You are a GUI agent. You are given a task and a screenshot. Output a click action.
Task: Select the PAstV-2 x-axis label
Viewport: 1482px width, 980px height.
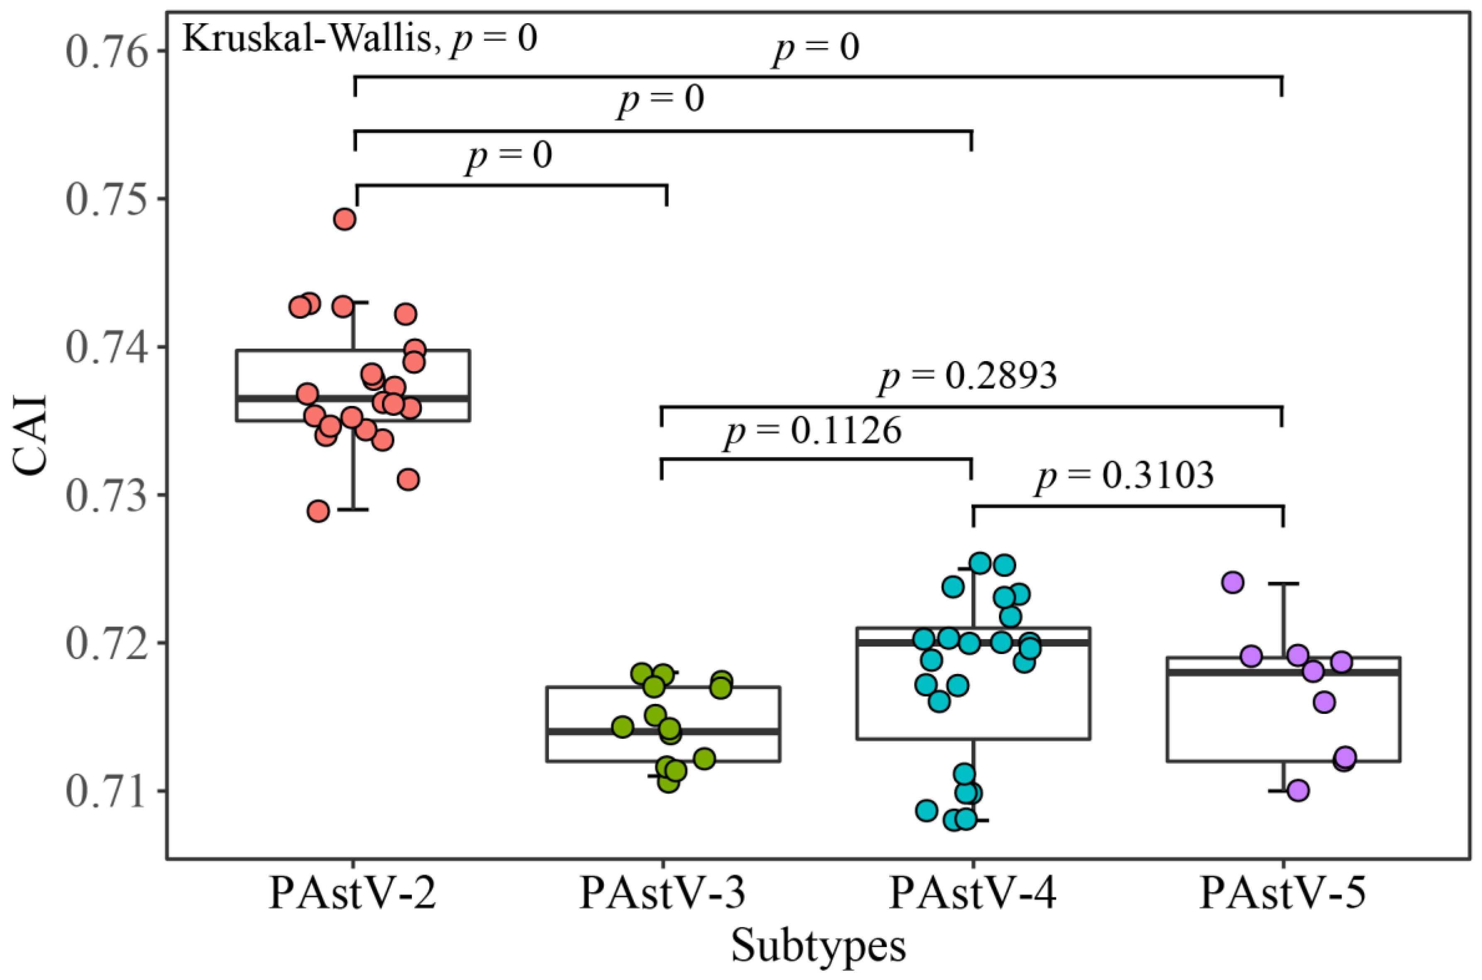(352, 894)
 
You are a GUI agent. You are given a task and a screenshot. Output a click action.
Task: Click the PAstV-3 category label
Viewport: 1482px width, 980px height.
(663, 894)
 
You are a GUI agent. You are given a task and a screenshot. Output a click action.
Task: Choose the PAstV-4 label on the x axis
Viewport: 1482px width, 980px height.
(973, 894)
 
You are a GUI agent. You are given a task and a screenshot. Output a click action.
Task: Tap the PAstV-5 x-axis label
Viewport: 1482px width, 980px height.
(1283, 894)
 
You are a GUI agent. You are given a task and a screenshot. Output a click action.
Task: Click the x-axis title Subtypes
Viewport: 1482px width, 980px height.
(818, 946)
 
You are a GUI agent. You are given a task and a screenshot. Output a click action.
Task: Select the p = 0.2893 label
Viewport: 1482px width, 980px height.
(968, 376)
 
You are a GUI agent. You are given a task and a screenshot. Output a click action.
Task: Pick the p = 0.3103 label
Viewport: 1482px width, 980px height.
(1124, 476)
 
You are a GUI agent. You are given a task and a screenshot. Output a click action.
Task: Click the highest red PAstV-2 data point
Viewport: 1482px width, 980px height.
(345, 220)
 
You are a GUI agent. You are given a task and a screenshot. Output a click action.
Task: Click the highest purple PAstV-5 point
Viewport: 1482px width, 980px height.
(1233, 582)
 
